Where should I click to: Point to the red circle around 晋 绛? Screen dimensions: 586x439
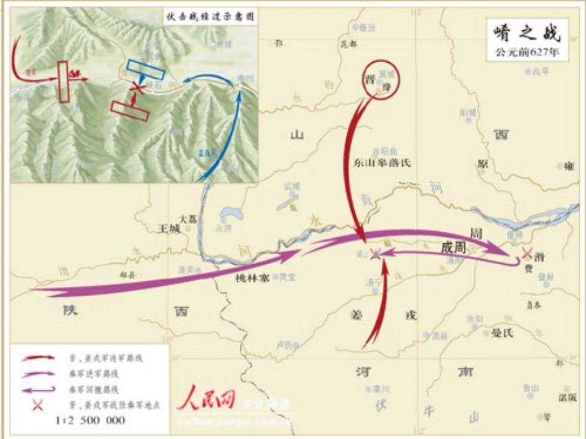[381, 80]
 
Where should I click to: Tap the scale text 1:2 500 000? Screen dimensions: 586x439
[90, 421]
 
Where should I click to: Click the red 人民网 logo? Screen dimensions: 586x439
[206, 399]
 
